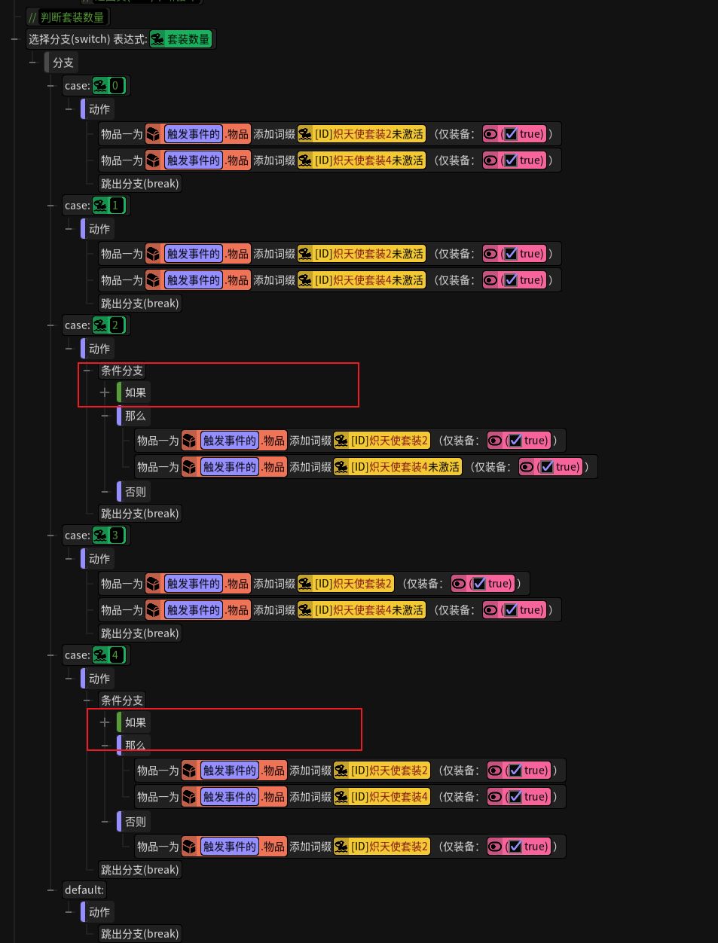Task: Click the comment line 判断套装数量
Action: [x=72, y=17]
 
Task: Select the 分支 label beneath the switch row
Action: [x=63, y=63]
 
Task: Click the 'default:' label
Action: [x=84, y=890]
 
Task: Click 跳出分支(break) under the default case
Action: [x=140, y=934]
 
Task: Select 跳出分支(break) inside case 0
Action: [x=140, y=184]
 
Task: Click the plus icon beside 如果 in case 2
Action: [x=105, y=392]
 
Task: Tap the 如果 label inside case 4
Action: [x=136, y=722]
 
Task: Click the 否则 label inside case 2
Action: [x=136, y=492]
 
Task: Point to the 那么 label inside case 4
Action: [x=136, y=745]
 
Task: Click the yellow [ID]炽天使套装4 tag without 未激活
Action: [x=382, y=797]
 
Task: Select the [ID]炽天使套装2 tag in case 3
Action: [x=346, y=584]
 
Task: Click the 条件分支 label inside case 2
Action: [x=122, y=371]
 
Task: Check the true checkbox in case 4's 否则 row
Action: [x=515, y=847]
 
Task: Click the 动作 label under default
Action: [x=99, y=912]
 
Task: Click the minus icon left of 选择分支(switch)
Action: [x=15, y=39]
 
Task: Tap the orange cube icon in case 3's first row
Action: [x=153, y=584]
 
